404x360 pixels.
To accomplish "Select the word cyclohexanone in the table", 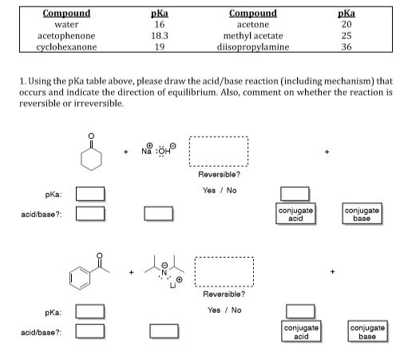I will (x=67, y=47).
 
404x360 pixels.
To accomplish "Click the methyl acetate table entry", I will (x=252, y=36).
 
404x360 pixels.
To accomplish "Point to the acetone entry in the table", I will (x=252, y=25).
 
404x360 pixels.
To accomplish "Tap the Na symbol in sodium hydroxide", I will (x=146, y=152).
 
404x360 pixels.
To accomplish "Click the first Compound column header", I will (x=67, y=14).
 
